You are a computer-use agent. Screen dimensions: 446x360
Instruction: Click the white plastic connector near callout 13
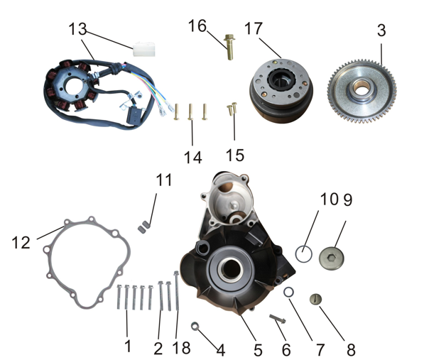click(144, 49)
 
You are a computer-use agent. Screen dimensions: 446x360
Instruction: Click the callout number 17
click(253, 28)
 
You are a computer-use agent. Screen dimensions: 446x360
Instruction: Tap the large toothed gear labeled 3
click(361, 91)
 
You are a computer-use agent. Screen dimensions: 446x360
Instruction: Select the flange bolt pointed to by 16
click(229, 47)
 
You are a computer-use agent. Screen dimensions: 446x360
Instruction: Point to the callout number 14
click(193, 157)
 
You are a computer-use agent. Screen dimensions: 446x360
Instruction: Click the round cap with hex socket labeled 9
click(332, 258)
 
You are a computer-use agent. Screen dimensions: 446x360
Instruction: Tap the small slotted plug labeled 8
click(315, 300)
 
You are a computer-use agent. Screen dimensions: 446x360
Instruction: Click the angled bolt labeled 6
click(277, 319)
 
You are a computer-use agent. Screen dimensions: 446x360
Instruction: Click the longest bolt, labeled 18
click(177, 290)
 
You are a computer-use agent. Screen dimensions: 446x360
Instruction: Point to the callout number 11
click(164, 180)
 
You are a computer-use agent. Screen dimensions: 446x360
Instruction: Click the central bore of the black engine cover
click(230, 269)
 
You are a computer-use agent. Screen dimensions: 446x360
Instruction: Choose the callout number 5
click(258, 350)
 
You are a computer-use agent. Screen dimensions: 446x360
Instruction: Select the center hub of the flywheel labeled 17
click(282, 80)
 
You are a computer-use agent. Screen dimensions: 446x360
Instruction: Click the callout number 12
click(21, 243)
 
